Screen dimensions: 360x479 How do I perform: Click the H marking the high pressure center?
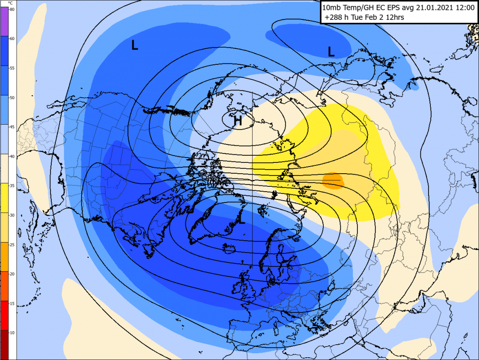238,121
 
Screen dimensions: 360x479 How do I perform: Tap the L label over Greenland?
242,220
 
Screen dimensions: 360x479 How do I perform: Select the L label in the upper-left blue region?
134,45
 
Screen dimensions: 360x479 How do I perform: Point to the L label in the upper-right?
331,52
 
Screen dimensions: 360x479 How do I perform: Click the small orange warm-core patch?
334,180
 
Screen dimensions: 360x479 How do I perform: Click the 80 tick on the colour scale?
12,9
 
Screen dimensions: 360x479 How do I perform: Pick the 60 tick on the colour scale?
12,39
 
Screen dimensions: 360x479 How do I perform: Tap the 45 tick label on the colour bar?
12,127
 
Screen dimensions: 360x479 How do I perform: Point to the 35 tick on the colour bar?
12,185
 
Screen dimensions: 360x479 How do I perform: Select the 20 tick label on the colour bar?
12,274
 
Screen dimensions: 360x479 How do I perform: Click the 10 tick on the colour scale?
12,332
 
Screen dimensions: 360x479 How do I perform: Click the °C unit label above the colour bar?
10,3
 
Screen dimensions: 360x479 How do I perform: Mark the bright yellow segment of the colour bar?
4,198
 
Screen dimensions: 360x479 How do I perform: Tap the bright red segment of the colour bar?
4,315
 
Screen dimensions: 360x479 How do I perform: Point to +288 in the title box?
334,17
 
